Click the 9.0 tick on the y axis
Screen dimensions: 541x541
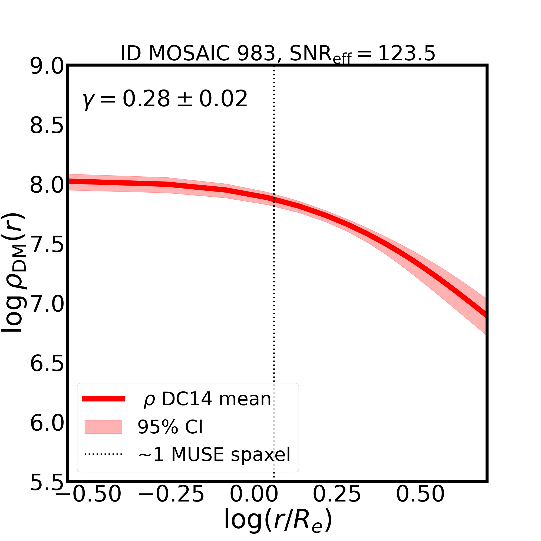[x=47, y=67]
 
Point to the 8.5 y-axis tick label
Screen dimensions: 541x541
[x=47, y=126]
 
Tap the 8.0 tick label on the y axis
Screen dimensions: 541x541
[x=47, y=185]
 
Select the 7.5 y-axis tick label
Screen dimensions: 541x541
[x=47, y=245]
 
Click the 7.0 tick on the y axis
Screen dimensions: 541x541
[x=47, y=304]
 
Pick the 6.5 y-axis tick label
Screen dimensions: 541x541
[x=47, y=364]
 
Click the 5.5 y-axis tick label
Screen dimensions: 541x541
[x=47, y=483]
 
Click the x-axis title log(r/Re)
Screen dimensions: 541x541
[x=278, y=520]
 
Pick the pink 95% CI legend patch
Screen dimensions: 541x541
[x=103, y=427]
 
